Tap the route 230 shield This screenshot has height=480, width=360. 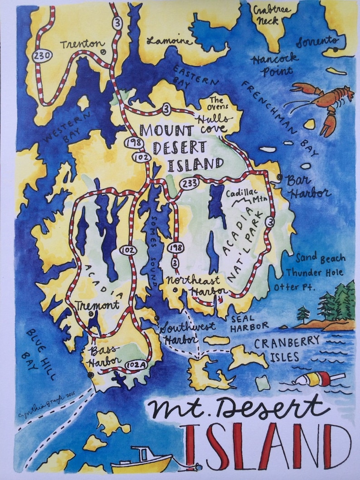point(42,55)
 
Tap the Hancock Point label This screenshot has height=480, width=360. point(275,64)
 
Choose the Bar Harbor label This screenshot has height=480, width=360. point(308,187)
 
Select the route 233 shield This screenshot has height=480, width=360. point(187,183)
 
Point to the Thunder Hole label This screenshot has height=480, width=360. point(314,273)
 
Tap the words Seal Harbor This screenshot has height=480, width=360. point(249,322)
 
